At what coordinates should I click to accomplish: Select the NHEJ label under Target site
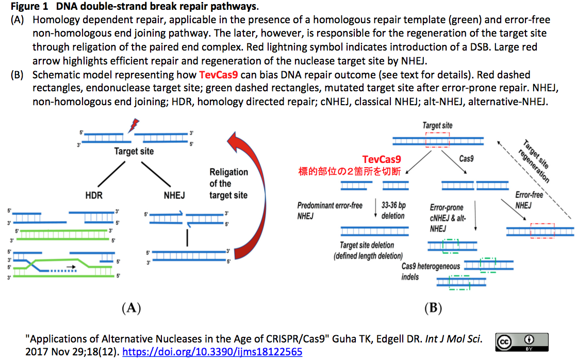click(174, 195)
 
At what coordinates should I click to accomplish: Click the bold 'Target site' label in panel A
click(134, 151)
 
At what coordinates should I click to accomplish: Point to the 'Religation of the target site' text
click(228, 184)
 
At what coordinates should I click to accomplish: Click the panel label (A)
click(130, 308)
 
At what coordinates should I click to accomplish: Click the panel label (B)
click(432, 308)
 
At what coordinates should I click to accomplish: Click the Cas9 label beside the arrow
click(467, 158)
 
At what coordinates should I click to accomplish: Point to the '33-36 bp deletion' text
click(393, 210)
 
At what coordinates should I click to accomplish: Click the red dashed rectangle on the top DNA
click(437, 139)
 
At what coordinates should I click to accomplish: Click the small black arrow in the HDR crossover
click(70, 267)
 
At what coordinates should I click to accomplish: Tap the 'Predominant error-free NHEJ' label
click(329, 210)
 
